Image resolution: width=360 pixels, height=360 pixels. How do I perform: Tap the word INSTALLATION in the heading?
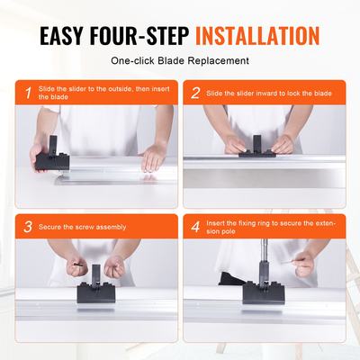257,36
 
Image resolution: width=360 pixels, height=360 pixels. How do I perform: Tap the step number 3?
28,226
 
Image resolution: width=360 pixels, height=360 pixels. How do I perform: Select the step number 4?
195,226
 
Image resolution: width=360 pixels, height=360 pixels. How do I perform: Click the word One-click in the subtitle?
134,61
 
